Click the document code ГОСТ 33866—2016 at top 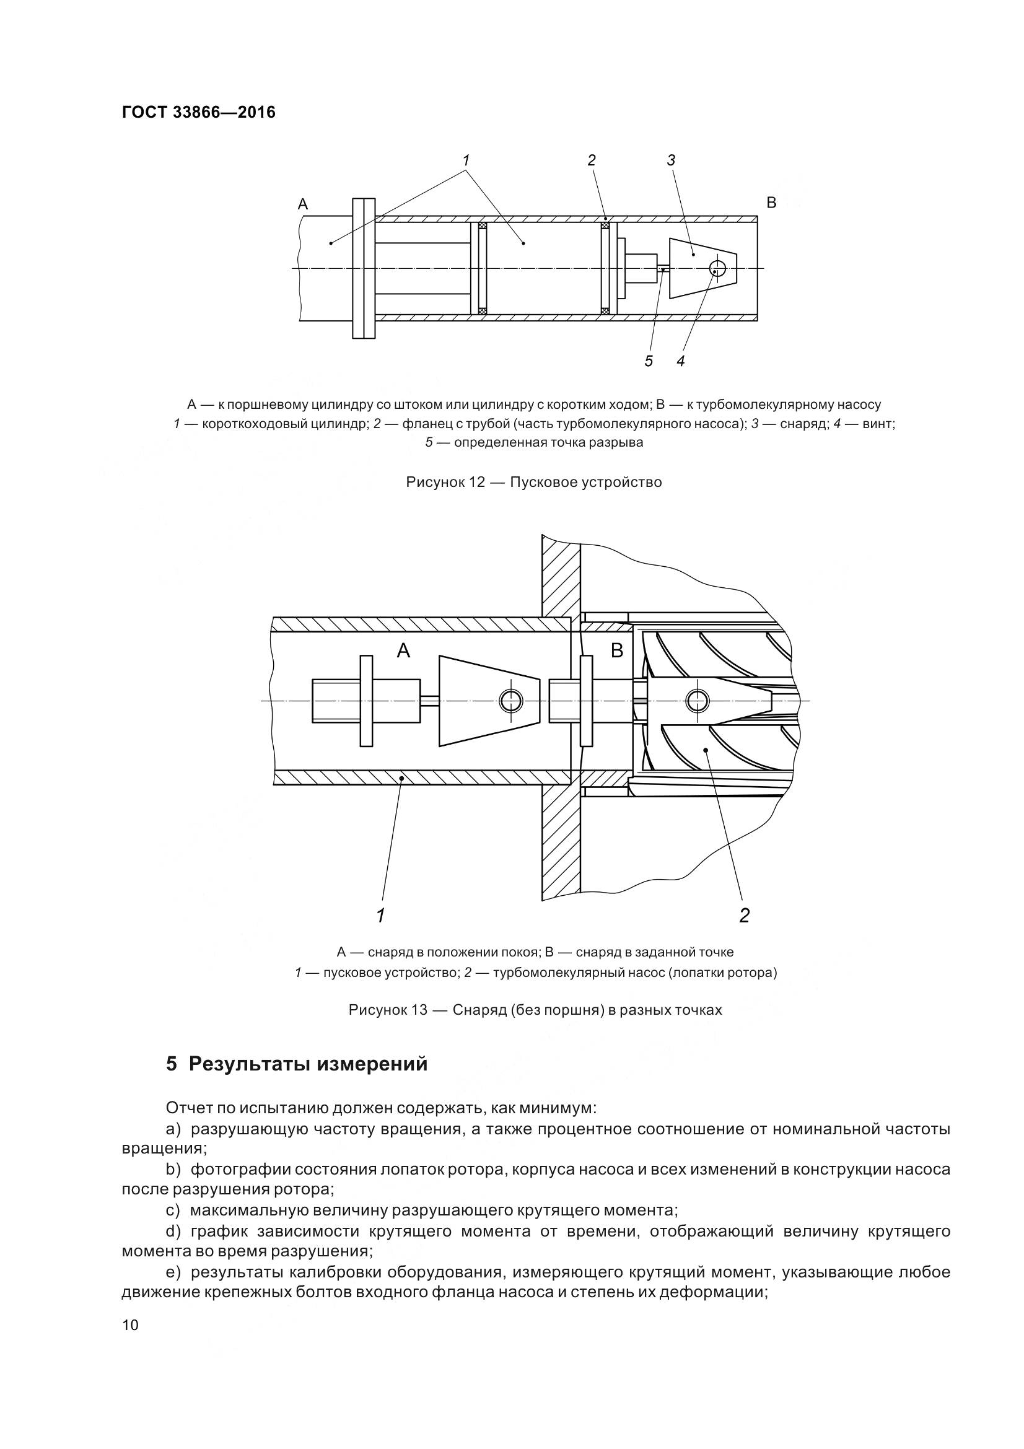pyautogui.click(x=199, y=112)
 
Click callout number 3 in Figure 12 pyautogui.click(x=671, y=160)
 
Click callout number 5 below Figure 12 pyautogui.click(x=649, y=361)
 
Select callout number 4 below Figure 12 pyautogui.click(x=681, y=361)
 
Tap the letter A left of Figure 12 pyautogui.click(x=303, y=204)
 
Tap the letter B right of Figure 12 pyautogui.click(x=771, y=203)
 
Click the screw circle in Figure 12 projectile pyautogui.click(x=717, y=269)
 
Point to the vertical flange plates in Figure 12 pyautogui.click(x=364, y=269)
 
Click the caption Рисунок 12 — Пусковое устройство pyautogui.click(x=534, y=482)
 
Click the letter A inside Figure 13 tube pyautogui.click(x=403, y=650)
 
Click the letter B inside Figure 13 pyautogui.click(x=617, y=650)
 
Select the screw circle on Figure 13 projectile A pyautogui.click(x=510, y=701)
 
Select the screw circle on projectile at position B pyautogui.click(x=697, y=700)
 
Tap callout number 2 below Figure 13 pyautogui.click(x=745, y=916)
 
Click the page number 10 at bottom pyautogui.click(x=130, y=1342)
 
